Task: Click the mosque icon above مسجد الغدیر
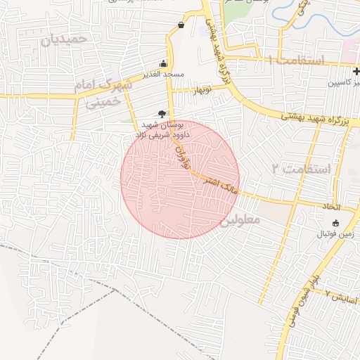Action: [165, 63]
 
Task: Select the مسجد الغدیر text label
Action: [165, 73]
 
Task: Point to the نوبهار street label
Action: [202, 90]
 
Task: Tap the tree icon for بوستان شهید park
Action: [162, 112]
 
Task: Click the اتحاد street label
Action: [330, 207]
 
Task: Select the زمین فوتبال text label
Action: [335, 233]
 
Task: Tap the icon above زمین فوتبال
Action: [335, 222]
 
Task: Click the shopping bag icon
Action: [181, 25]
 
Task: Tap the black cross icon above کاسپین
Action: [356, 70]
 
